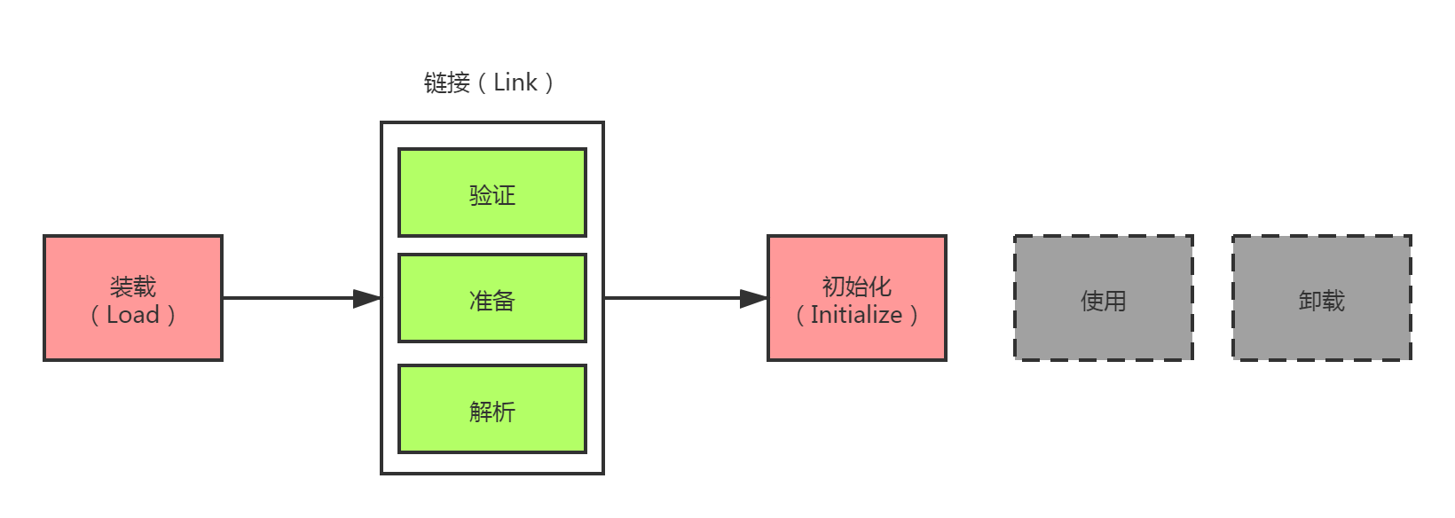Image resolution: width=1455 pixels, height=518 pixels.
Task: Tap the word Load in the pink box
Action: (133, 315)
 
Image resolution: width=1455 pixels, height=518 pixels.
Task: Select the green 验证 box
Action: (492, 192)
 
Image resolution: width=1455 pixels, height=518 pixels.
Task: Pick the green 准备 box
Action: (492, 298)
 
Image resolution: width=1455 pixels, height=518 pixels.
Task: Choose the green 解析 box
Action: (492, 409)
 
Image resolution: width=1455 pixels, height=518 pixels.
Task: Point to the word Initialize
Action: (856, 315)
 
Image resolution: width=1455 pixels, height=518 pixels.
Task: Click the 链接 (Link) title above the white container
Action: (489, 82)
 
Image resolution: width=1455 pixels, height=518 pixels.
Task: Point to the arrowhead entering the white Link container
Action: (367, 299)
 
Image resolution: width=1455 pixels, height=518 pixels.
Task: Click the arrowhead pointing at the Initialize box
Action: (753, 299)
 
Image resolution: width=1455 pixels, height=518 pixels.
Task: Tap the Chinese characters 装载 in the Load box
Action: (133, 286)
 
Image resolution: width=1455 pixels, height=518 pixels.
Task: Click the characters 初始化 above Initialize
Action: (856, 286)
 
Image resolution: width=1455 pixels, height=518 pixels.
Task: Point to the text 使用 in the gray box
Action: (1103, 301)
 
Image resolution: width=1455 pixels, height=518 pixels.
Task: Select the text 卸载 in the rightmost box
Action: (1321, 301)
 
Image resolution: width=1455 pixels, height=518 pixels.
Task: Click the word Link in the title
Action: (515, 82)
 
